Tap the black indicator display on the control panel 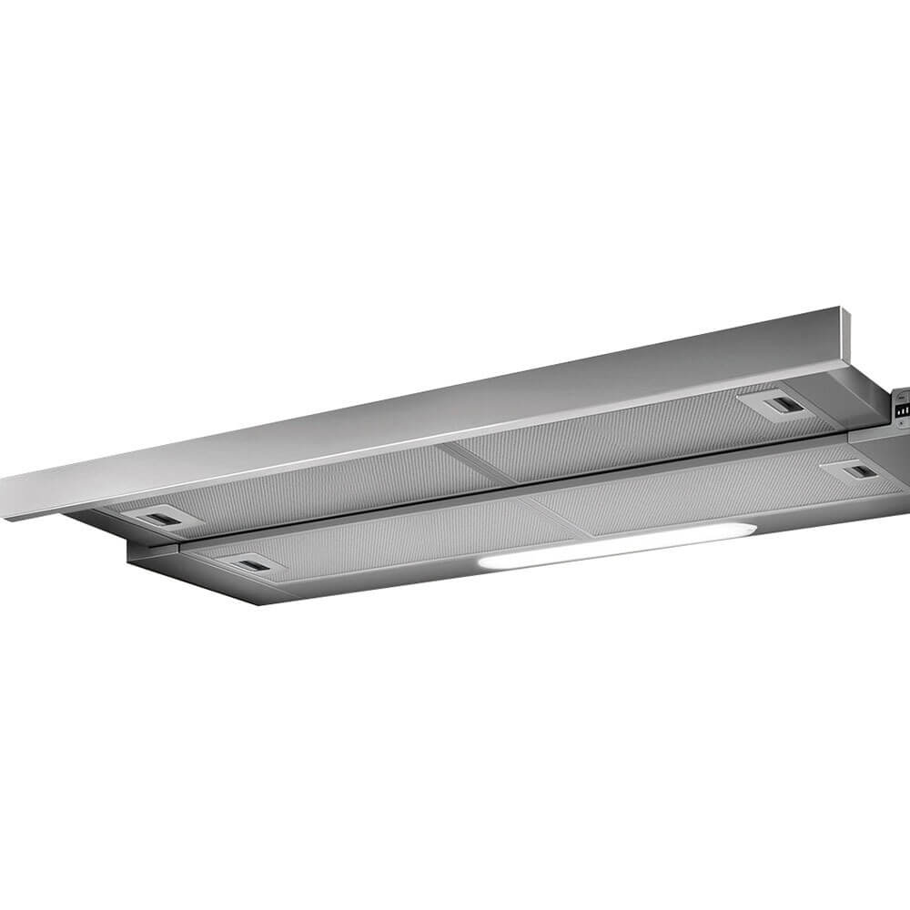(x=902, y=410)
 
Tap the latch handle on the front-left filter (x=248, y=566)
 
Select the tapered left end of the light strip (x=480, y=565)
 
